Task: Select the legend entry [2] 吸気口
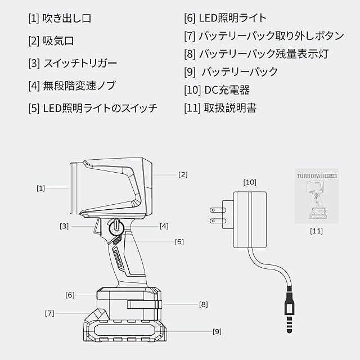click(51, 41)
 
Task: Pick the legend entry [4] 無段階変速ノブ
click(71, 85)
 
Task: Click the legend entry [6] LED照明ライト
click(225, 19)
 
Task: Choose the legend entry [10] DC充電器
click(217, 90)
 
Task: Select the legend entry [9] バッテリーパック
click(231, 72)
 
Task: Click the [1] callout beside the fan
click(40, 188)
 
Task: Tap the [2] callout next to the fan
click(183, 175)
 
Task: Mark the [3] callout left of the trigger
click(65, 226)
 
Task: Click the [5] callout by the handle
click(179, 242)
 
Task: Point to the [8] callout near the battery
click(203, 304)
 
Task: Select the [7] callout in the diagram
click(49, 313)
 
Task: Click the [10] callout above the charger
click(249, 182)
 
